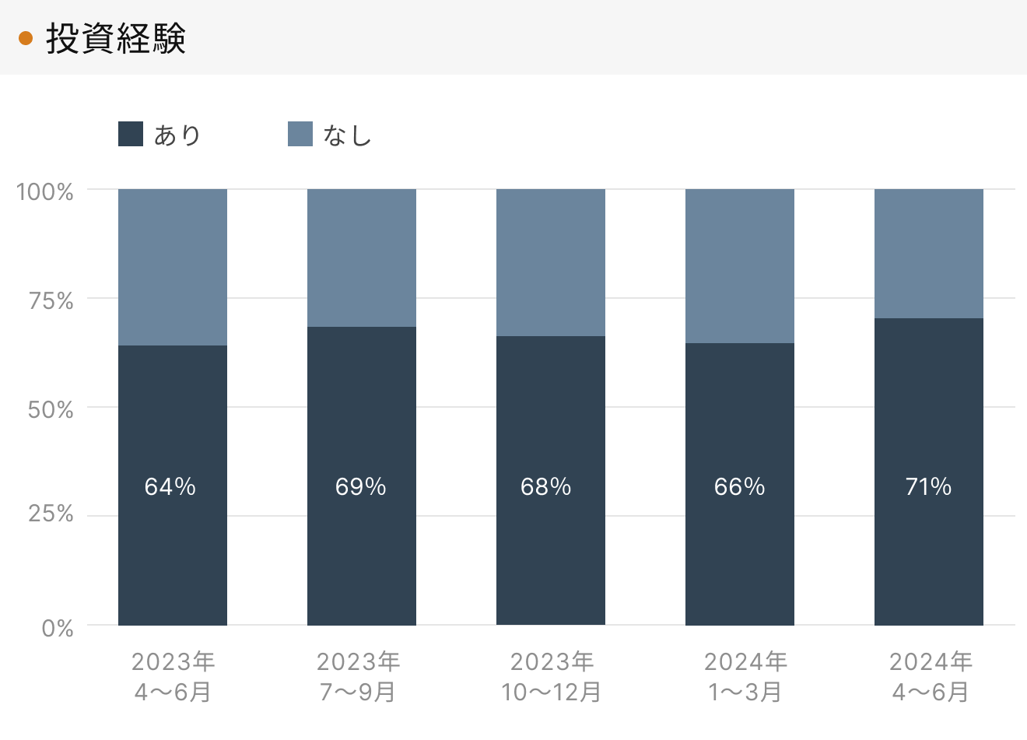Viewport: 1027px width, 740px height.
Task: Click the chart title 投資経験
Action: pos(116,38)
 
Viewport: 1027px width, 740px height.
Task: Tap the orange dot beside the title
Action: pos(26,38)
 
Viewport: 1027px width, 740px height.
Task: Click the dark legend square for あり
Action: pos(131,134)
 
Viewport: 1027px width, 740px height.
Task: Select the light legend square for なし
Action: pos(300,134)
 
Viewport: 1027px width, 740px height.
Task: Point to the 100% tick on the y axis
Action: pos(45,191)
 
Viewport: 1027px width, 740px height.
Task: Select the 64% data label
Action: pos(170,486)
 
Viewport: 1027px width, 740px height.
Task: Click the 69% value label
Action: pos(361,486)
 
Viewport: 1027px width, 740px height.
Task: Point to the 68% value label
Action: pos(546,486)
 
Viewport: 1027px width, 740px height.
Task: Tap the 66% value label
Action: pos(740,486)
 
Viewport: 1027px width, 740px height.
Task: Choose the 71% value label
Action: pos(929,486)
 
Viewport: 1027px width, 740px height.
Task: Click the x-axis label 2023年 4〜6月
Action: pos(173,676)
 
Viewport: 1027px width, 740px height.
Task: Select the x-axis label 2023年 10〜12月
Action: pos(551,676)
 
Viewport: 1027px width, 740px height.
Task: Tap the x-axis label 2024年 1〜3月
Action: pos(745,676)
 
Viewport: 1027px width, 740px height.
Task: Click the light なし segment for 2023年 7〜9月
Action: pos(362,258)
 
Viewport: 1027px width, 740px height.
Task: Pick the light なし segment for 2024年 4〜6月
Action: pos(929,254)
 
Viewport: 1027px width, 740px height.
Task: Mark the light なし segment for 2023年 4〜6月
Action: pos(173,267)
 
